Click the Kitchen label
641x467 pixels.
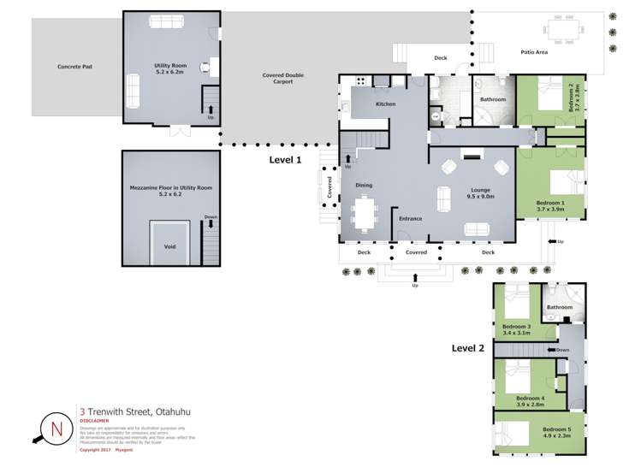click(x=385, y=104)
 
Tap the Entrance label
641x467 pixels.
click(x=410, y=219)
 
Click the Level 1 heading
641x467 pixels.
click(x=286, y=160)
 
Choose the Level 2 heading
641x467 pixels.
click(x=468, y=348)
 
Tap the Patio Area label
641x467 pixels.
click(x=534, y=52)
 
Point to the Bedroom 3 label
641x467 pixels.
click(x=516, y=329)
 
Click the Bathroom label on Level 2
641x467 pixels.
click(x=560, y=306)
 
